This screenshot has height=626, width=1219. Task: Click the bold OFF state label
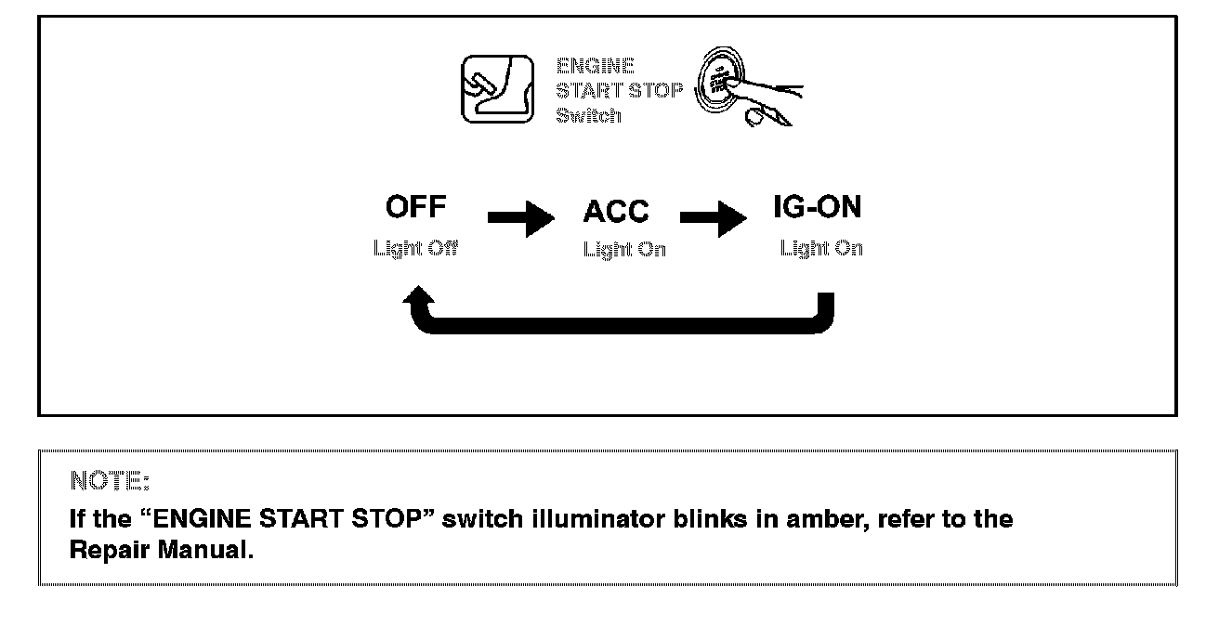[415, 206]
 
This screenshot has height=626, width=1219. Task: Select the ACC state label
[616, 212]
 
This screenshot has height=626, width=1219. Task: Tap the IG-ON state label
[818, 207]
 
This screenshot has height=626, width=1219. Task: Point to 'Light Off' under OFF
[415, 248]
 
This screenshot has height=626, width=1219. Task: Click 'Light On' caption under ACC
[624, 249]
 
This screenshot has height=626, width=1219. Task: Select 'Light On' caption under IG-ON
[821, 248]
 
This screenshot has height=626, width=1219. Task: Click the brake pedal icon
[498, 89]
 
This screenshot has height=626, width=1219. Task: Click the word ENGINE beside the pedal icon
[596, 66]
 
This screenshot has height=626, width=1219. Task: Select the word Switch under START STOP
[588, 116]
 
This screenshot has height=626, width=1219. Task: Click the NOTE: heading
[110, 481]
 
